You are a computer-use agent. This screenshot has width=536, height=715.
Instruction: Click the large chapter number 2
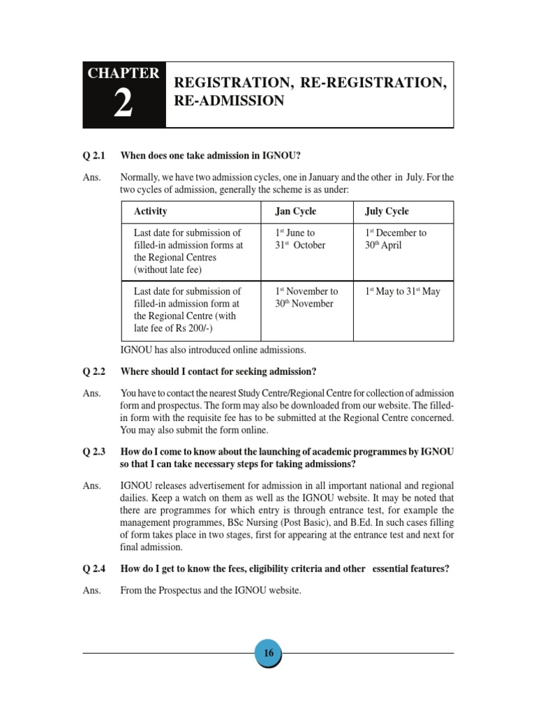pyautogui.click(x=123, y=105)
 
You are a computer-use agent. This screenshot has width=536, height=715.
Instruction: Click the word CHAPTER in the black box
pyautogui.click(x=124, y=73)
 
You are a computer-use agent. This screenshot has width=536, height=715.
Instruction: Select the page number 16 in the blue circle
pyautogui.click(x=268, y=654)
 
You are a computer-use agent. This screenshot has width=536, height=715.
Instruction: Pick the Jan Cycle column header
pyautogui.click(x=296, y=211)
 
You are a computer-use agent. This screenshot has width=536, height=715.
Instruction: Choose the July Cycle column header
pyautogui.click(x=387, y=211)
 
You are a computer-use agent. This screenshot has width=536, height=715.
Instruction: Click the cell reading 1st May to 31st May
pyautogui.click(x=403, y=291)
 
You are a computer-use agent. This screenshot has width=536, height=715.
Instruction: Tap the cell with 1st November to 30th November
pyautogui.click(x=306, y=297)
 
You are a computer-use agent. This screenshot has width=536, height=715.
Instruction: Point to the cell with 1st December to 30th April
pyautogui.click(x=396, y=239)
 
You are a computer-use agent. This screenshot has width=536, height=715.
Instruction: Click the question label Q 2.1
pyautogui.click(x=94, y=155)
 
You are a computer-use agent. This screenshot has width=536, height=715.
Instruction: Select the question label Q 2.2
pyautogui.click(x=94, y=371)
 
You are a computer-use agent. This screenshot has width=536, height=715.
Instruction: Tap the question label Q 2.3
pyautogui.click(x=94, y=452)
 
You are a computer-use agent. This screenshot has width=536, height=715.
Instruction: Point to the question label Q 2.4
pyautogui.click(x=94, y=568)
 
